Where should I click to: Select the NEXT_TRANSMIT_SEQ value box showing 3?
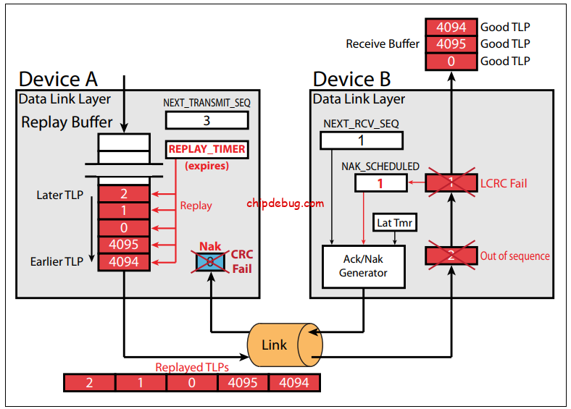tap(207, 120)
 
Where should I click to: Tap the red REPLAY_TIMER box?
tap(207, 150)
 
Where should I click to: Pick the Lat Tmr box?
tap(394, 223)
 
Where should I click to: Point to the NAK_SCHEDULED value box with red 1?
tap(380, 183)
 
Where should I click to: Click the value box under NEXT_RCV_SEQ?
tap(362, 140)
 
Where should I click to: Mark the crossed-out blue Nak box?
tap(209, 261)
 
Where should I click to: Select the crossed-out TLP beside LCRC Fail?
tap(451, 183)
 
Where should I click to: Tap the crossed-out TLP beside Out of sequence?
tap(451, 255)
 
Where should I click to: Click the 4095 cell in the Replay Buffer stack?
tap(123, 245)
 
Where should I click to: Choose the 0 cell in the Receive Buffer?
tap(451, 62)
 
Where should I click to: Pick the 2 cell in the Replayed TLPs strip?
tap(90, 382)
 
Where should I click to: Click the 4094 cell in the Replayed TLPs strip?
tap(293, 382)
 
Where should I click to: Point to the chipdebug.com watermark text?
tap(285, 203)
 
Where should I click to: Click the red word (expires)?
tap(207, 166)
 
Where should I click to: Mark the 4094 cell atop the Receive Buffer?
tap(451, 28)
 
